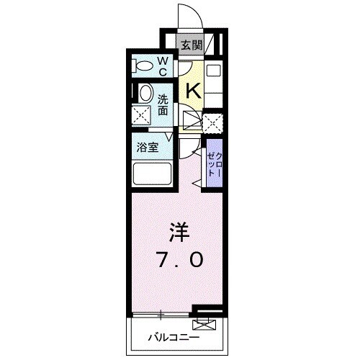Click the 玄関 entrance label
pyautogui.click(x=190, y=46)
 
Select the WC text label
pyautogui.click(x=162, y=66)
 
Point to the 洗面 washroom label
pyautogui.click(x=163, y=105)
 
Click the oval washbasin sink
pyautogui.click(x=145, y=94)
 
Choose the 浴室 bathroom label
pyautogui.click(x=148, y=148)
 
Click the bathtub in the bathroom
pyautogui.click(x=151, y=174)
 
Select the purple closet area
pyautogui.click(x=214, y=166)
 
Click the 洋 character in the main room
pyautogui.click(x=179, y=233)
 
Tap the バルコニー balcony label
pyautogui.click(x=173, y=336)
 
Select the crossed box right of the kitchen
pyautogui.click(x=212, y=122)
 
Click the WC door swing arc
pyautogui.click(x=186, y=69)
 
